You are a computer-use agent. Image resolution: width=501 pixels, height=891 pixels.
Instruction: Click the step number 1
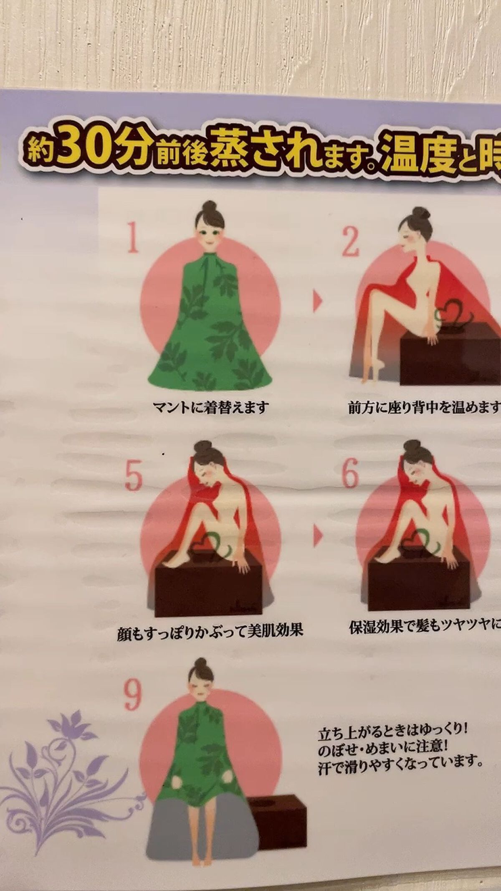click(x=133, y=238)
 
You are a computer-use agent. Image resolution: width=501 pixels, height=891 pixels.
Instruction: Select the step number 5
click(x=134, y=477)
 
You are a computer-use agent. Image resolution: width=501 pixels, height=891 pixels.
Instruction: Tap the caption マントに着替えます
click(x=210, y=407)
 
